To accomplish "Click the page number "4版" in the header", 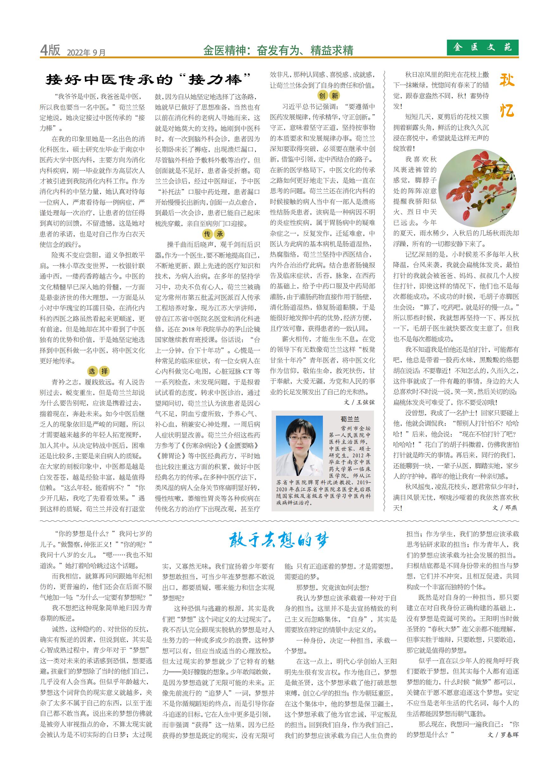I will (x=50, y=50).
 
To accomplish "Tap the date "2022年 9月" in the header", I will (x=86, y=52).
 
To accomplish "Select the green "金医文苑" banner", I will (x=483, y=47).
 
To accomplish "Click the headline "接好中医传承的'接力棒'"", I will (x=149, y=80).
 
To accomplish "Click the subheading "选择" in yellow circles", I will (x=98, y=371).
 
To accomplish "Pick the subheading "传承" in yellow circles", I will (x=214, y=234).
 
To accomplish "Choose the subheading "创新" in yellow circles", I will (x=329, y=96).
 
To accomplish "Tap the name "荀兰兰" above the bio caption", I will (x=350, y=419).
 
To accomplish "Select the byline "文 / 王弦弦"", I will (x=359, y=402).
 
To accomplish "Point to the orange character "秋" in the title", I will (x=507, y=81).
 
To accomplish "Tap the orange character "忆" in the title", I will (x=507, y=110).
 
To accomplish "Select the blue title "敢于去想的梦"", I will (x=279, y=541).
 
